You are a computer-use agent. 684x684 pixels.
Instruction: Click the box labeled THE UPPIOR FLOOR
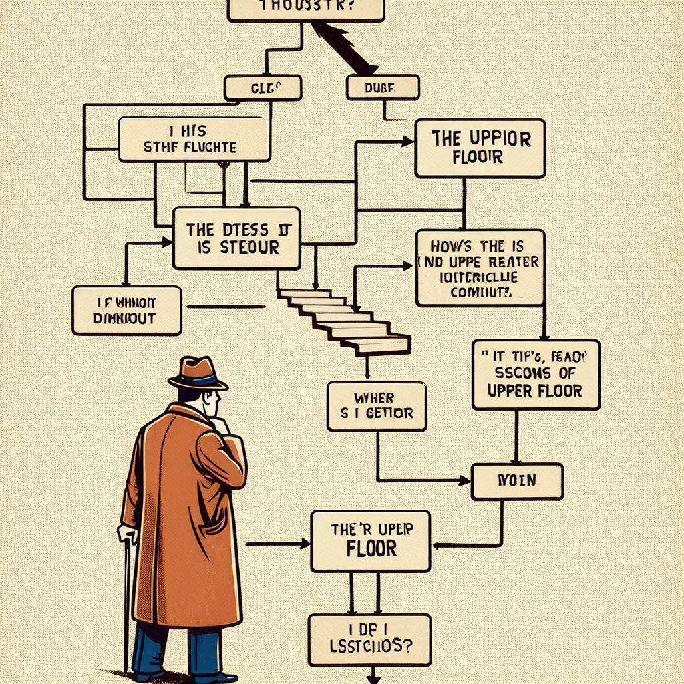click(x=480, y=148)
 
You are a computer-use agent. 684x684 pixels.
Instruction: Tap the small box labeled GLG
click(x=263, y=88)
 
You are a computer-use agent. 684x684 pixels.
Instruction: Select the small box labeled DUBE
click(x=383, y=88)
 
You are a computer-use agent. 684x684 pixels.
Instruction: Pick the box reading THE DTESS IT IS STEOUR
click(x=236, y=238)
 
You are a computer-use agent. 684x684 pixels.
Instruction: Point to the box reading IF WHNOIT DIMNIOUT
click(x=126, y=310)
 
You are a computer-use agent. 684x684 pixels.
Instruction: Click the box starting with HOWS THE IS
click(x=480, y=267)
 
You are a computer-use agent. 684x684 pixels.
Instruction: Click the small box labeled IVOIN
click(x=516, y=482)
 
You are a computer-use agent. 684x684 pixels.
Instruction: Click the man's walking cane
click(x=126, y=601)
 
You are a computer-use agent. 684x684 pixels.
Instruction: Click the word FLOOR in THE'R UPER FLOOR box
click(x=371, y=549)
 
